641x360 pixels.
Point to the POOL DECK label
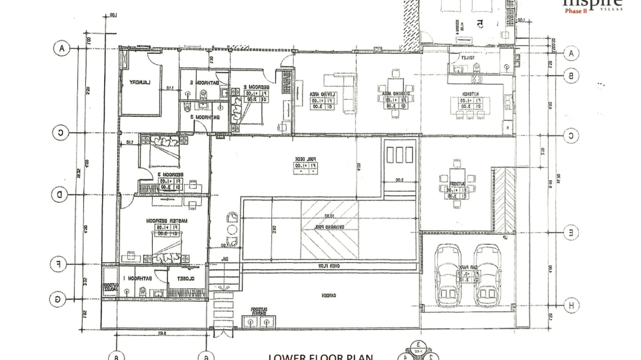click(x=306, y=159)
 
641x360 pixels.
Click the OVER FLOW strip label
click(x=330, y=265)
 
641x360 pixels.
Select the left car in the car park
click(x=447, y=276)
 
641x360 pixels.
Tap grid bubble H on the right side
click(x=571, y=305)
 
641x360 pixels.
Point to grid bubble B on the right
click(x=571, y=75)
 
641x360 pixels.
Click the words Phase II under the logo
click(x=576, y=11)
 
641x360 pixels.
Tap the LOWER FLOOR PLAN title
click(x=320, y=356)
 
